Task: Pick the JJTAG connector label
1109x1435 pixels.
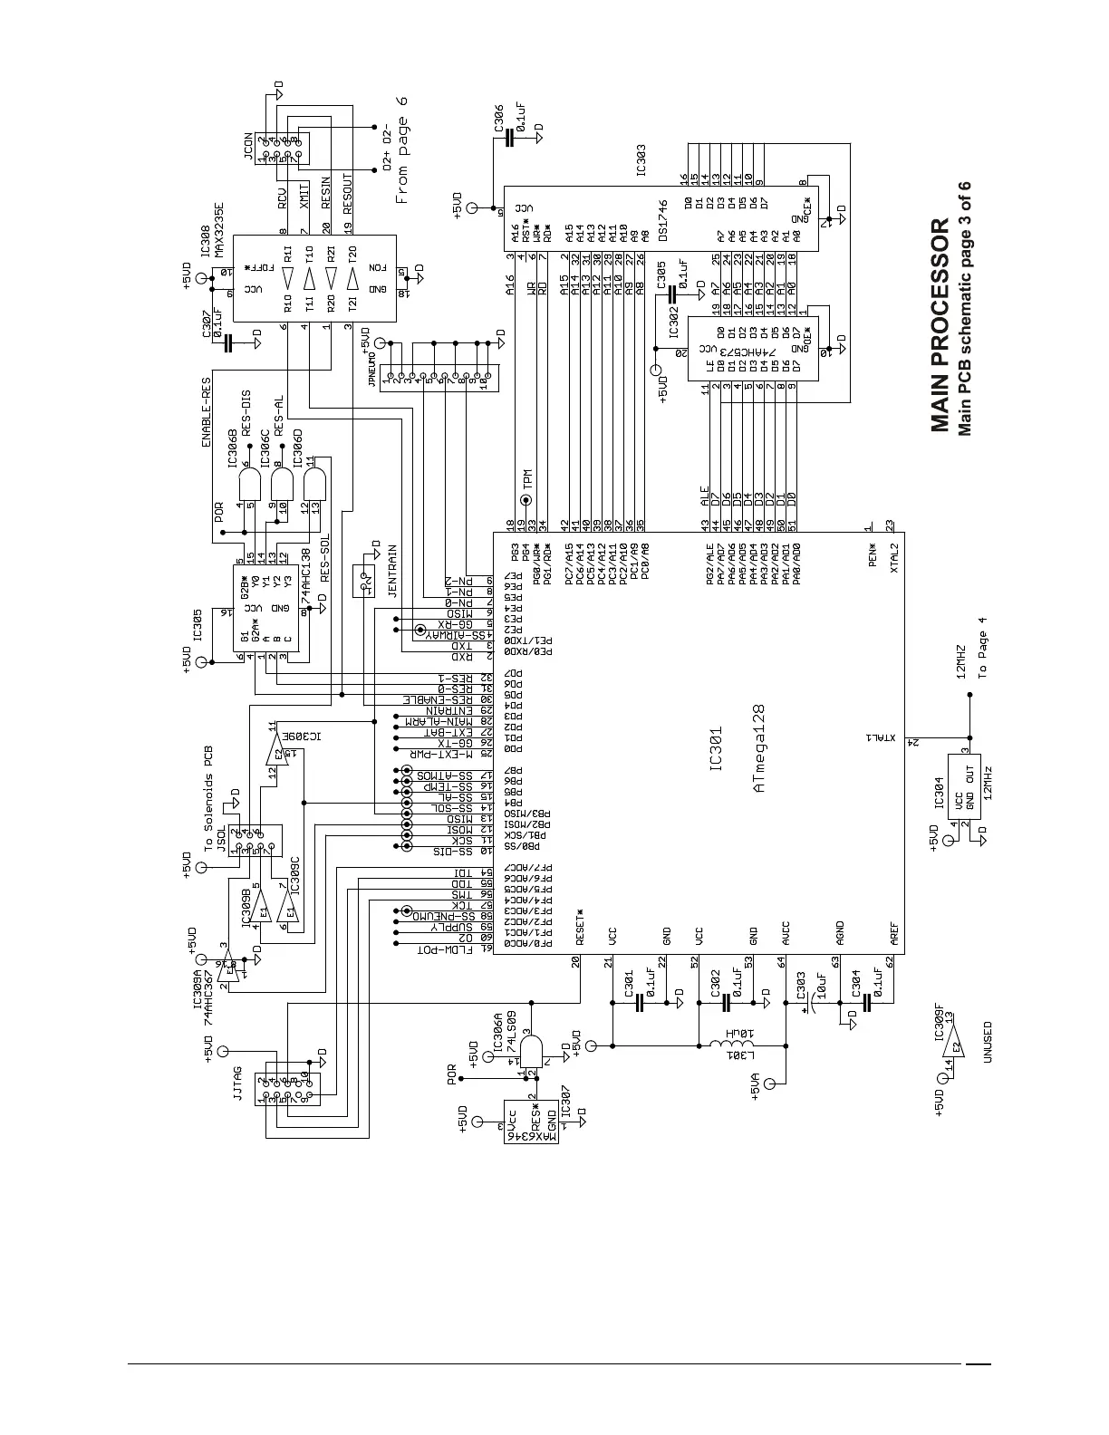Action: [x=237, y=1083]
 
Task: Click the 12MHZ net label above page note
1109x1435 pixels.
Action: [x=961, y=662]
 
